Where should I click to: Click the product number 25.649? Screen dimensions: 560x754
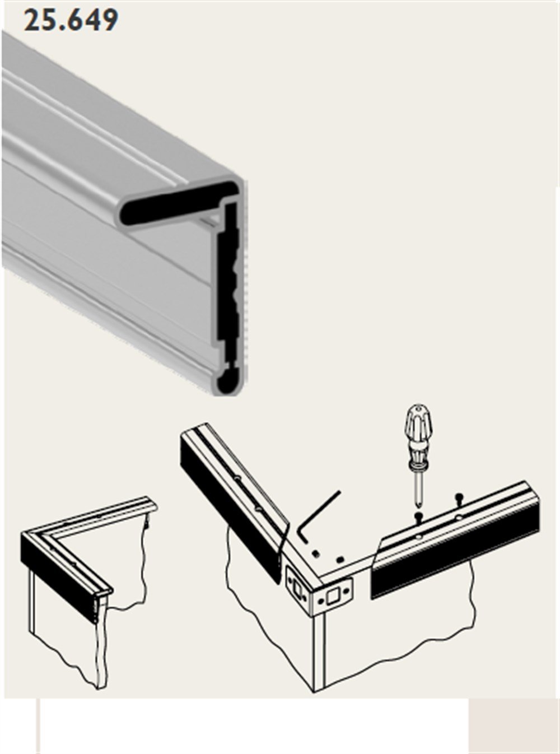click(x=71, y=20)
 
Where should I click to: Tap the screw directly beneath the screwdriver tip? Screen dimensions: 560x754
click(x=419, y=516)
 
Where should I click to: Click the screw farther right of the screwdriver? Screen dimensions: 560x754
click(x=459, y=497)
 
